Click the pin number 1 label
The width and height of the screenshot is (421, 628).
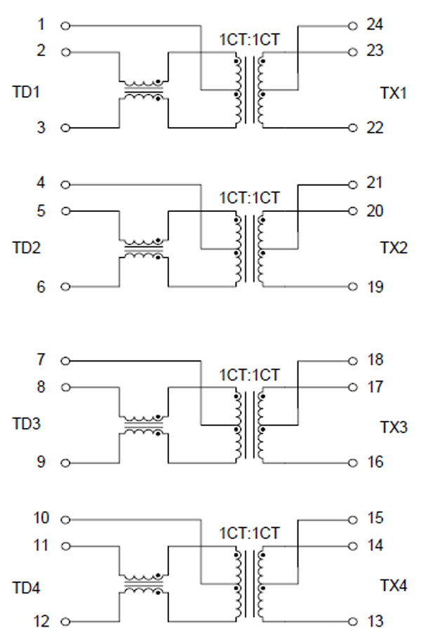[41, 25]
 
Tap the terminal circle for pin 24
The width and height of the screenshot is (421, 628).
[353, 26]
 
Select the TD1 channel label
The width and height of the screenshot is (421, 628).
[27, 92]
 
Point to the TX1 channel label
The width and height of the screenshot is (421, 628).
[394, 94]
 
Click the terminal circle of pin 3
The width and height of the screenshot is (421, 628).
[65, 128]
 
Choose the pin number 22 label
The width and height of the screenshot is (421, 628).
[375, 128]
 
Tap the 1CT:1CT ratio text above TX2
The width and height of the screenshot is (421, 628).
[249, 198]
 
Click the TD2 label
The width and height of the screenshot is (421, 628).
[27, 248]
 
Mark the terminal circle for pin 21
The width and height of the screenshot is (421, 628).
[353, 185]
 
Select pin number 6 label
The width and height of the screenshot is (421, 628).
[41, 286]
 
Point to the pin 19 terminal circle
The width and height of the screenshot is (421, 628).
[353, 286]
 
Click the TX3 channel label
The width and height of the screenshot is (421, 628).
[394, 427]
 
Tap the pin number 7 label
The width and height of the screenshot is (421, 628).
[41, 360]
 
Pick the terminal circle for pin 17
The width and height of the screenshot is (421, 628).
[353, 387]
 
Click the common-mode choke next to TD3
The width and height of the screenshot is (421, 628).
[143, 425]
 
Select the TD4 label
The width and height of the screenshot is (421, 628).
[27, 586]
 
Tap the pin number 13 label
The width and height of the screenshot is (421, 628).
[375, 620]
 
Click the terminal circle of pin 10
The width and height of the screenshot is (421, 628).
[65, 520]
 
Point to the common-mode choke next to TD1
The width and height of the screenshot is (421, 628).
[143, 91]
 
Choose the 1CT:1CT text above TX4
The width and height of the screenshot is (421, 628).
[249, 533]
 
